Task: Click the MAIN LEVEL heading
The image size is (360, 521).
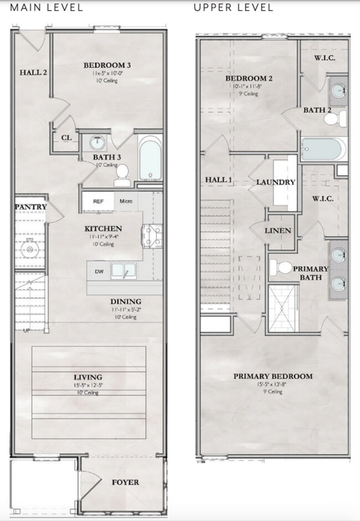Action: (x=47, y=8)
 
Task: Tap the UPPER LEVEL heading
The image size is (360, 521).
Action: (x=233, y=8)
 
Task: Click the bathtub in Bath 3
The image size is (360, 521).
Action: (x=150, y=159)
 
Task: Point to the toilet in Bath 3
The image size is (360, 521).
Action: (x=121, y=176)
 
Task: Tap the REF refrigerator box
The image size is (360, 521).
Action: (x=98, y=202)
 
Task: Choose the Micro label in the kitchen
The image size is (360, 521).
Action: (x=126, y=201)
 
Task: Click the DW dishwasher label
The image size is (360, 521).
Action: (x=99, y=271)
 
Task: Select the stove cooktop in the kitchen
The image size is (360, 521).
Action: (x=152, y=235)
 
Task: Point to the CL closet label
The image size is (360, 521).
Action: (x=66, y=138)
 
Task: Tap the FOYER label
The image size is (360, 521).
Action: (x=125, y=482)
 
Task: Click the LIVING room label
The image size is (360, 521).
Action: (x=88, y=377)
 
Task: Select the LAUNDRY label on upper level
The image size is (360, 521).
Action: (x=275, y=182)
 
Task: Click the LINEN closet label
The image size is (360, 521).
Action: (x=277, y=230)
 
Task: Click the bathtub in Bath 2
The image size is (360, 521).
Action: (x=323, y=149)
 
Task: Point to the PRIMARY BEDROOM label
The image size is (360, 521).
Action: (x=272, y=376)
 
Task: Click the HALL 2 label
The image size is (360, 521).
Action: (x=33, y=72)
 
